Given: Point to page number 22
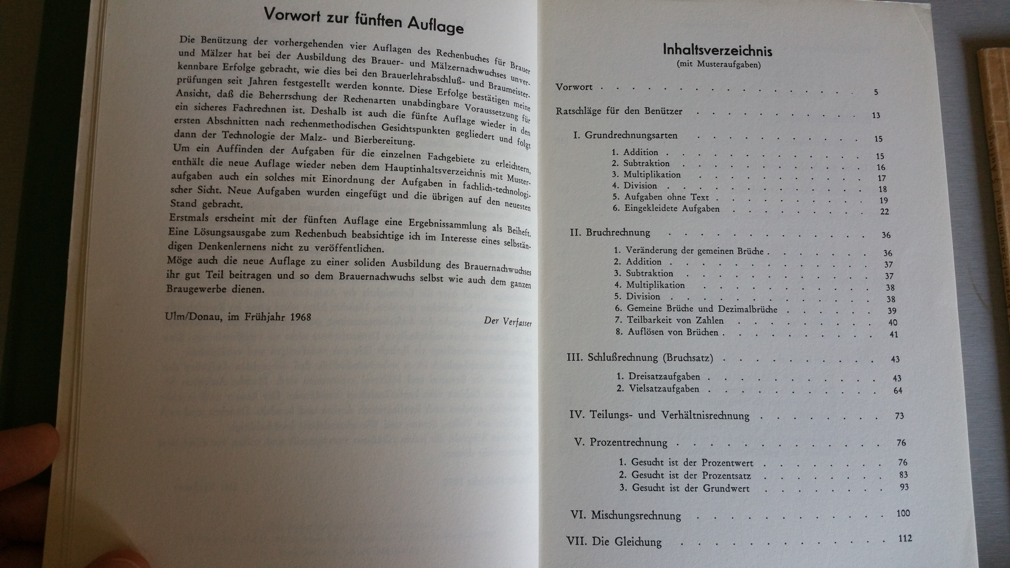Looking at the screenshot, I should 884,212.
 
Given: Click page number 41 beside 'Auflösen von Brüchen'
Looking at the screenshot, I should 894,334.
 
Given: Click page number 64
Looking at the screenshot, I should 898,390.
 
